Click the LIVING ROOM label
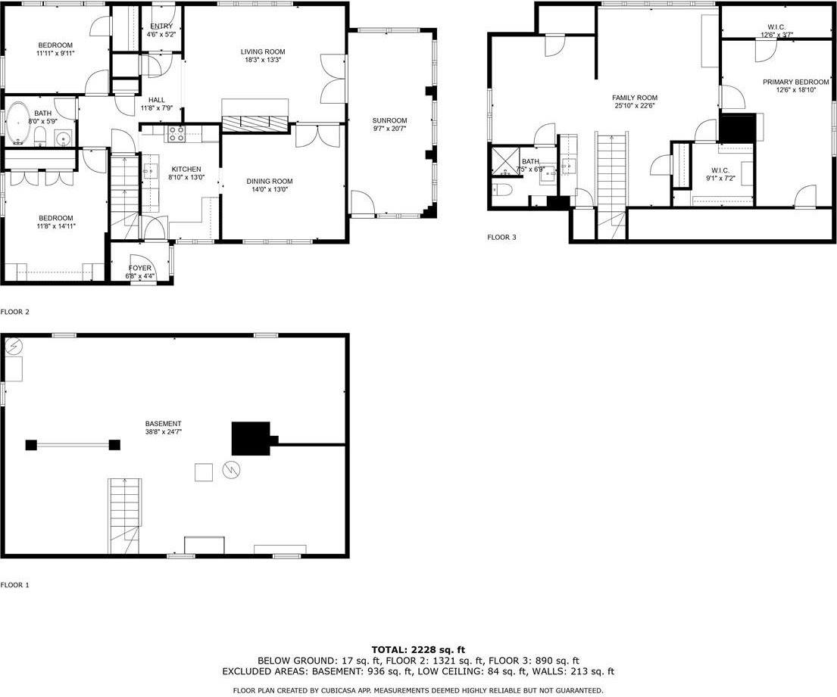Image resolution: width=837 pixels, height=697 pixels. tap(263, 51)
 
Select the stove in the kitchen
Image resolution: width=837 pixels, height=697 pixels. tap(176, 134)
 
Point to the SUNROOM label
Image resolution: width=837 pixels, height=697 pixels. tap(389, 120)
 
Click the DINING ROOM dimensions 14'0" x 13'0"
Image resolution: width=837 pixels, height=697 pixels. tap(269, 190)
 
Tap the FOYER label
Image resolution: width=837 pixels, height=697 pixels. tap(139, 268)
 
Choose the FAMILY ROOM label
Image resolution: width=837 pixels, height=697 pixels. tap(635, 98)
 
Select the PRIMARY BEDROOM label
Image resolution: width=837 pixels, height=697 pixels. tap(795, 82)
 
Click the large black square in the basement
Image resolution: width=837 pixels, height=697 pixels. tap(250, 439)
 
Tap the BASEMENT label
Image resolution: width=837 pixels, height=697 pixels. tap(163, 424)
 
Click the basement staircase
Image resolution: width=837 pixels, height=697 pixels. tap(124, 515)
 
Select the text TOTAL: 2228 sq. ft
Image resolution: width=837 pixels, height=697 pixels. tap(417, 649)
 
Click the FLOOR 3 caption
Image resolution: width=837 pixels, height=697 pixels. tap(501, 237)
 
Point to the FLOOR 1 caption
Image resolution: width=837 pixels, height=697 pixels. tap(14, 585)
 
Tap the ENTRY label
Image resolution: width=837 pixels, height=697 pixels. tap(161, 26)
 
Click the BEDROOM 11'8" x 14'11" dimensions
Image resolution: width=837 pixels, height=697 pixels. tap(57, 226)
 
